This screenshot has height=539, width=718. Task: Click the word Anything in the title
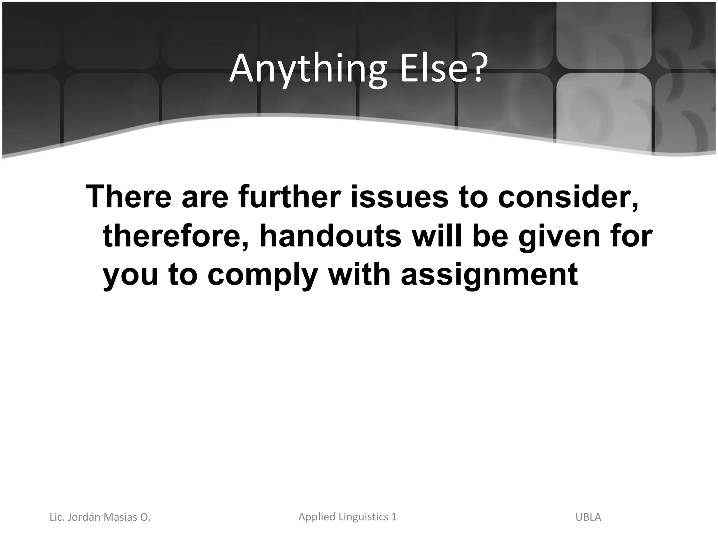309,70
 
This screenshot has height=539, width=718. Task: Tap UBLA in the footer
588,517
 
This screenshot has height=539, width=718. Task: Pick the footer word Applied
315,517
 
